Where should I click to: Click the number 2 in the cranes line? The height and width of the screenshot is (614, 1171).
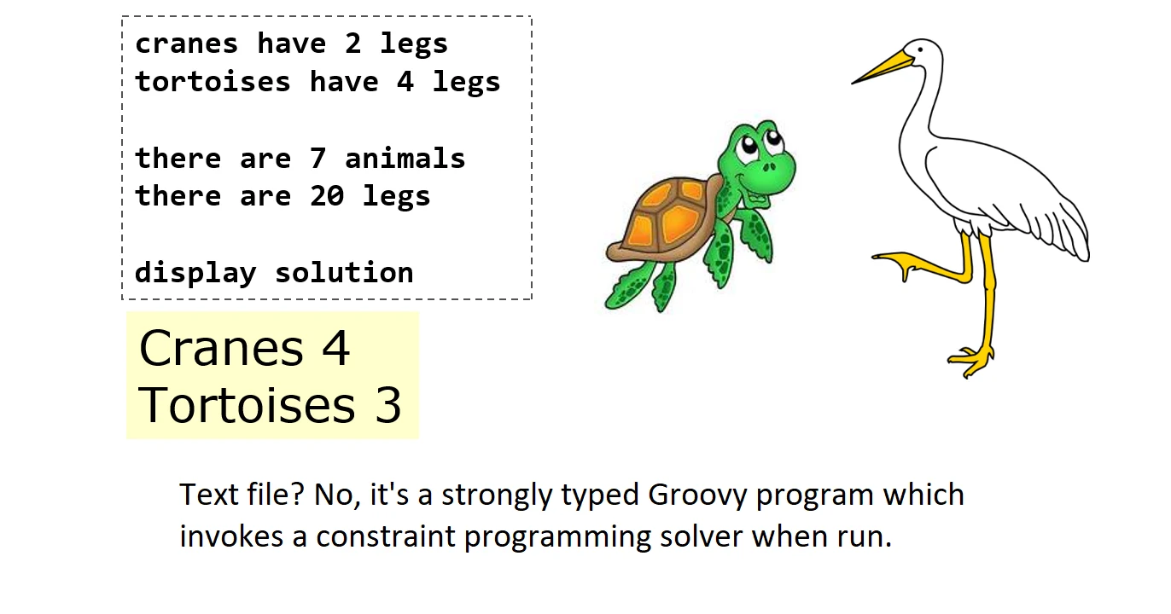click(x=352, y=43)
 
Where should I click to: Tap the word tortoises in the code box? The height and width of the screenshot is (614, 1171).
click(x=213, y=82)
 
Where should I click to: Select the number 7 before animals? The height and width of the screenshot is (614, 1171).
click(x=318, y=159)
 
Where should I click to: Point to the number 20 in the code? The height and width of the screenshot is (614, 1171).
click(x=327, y=196)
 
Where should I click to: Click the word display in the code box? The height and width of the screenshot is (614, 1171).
click(x=195, y=272)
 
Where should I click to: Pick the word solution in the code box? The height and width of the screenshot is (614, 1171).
click(x=344, y=272)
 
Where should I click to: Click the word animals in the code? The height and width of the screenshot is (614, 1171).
click(x=405, y=159)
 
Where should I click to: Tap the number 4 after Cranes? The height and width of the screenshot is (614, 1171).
click(x=335, y=348)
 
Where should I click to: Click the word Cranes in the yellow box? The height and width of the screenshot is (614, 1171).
click(x=221, y=348)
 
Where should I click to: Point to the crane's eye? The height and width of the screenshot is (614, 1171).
click(x=920, y=50)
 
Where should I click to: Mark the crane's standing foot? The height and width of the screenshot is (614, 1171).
click(x=970, y=360)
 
